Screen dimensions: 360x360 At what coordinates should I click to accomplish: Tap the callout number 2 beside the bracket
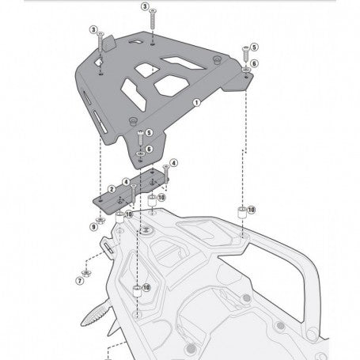coord(113,188)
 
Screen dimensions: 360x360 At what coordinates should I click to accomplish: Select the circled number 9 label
coord(93,227)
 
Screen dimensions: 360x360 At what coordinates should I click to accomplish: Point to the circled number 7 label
coord(80,280)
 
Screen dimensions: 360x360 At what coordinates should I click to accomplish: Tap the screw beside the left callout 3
coord(100,44)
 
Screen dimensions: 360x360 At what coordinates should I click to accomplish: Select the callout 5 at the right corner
coord(255,48)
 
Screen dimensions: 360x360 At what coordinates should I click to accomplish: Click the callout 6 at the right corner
coord(255,63)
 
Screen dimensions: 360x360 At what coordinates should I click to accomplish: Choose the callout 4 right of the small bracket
coord(173,162)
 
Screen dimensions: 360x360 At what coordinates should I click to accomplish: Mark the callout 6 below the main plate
coord(150,149)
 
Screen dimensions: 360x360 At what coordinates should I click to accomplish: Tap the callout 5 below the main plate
coord(150,134)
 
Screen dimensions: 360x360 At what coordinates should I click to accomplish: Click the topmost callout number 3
coord(145,6)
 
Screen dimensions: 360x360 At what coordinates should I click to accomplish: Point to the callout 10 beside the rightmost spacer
coord(252,210)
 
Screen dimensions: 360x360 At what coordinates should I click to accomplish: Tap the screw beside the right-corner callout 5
coord(245,53)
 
